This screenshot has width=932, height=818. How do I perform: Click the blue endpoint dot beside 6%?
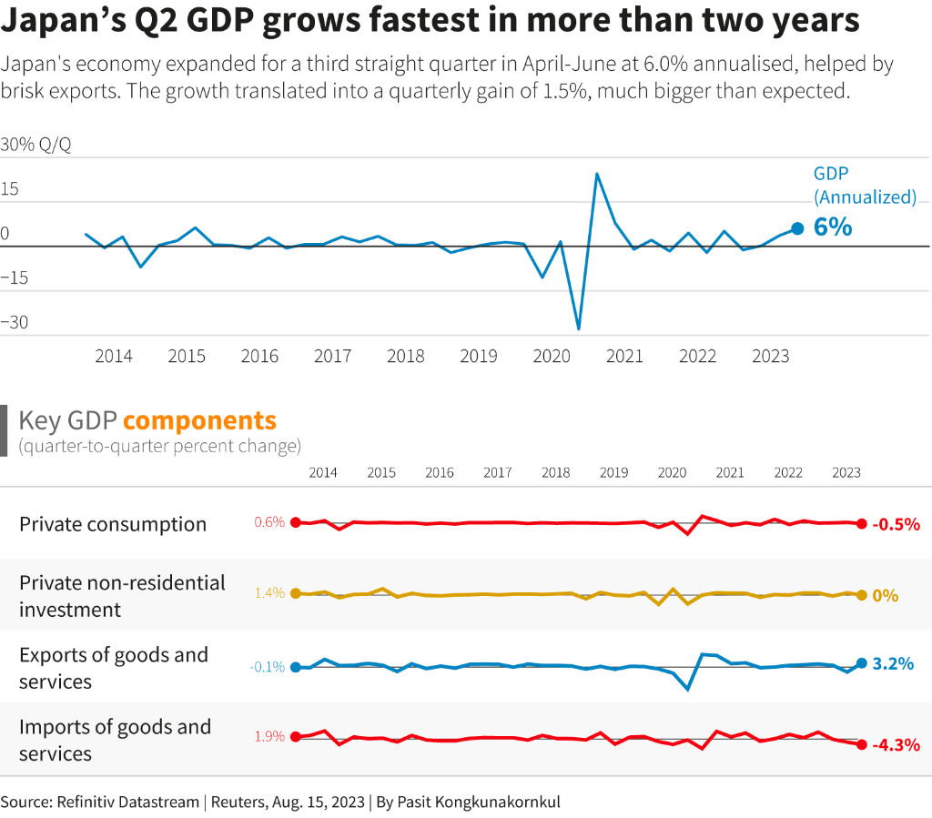click(x=797, y=228)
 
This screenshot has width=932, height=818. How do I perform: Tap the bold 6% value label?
click(x=833, y=227)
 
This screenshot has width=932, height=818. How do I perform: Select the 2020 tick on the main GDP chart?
click(x=552, y=356)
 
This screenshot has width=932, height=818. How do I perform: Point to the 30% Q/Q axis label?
click(x=35, y=145)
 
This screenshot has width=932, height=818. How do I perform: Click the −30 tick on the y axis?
click(x=15, y=322)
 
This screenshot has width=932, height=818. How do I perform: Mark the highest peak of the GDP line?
click(x=596, y=173)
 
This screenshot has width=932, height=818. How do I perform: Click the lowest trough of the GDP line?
click(x=579, y=328)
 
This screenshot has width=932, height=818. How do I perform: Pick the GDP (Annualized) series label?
click(x=864, y=185)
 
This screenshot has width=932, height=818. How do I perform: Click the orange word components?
click(x=199, y=420)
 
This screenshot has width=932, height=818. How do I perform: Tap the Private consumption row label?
click(x=113, y=524)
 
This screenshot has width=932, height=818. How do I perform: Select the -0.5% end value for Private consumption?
click(x=896, y=524)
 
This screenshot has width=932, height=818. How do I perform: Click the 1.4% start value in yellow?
click(x=269, y=593)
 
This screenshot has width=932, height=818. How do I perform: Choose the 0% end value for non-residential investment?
click(x=885, y=596)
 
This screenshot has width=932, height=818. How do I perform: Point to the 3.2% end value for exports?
click(x=892, y=664)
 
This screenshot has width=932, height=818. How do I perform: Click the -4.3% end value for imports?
click(x=896, y=745)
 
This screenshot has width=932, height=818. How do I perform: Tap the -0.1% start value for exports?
click(x=268, y=667)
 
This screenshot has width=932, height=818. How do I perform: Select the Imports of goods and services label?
click(x=114, y=740)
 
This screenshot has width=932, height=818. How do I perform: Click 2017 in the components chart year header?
click(x=497, y=473)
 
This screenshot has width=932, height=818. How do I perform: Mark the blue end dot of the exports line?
click(x=861, y=664)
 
